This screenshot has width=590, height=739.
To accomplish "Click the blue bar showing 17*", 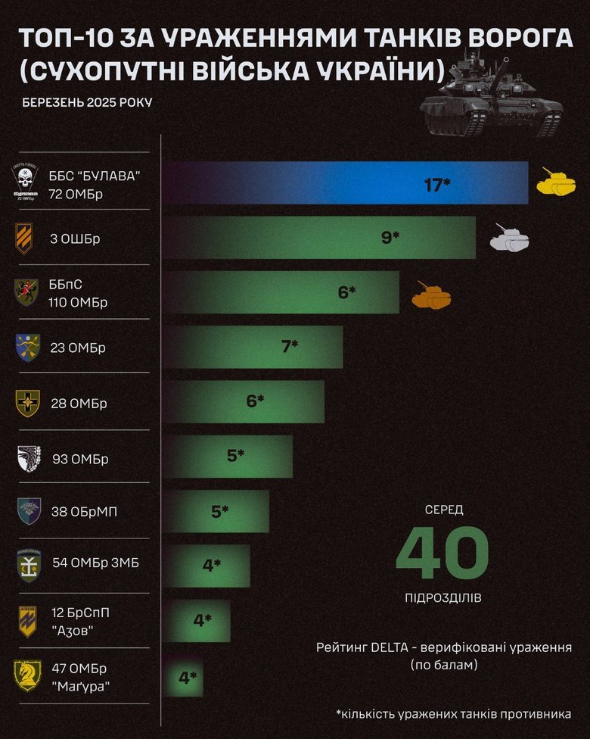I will pos(345,184).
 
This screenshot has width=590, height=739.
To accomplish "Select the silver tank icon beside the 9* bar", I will pos(510,238).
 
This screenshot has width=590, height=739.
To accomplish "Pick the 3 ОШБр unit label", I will pos(75,239).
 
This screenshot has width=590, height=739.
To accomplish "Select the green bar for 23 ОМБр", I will pos(253,348).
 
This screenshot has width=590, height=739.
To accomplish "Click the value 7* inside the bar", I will pos(289,347).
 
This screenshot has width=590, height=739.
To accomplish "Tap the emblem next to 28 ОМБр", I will pos(27,403).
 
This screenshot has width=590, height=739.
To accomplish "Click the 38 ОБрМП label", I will pos(84,512).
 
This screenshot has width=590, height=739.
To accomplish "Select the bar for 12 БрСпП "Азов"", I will pos(197,621).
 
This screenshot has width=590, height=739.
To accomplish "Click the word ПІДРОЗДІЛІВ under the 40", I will pos(442,597).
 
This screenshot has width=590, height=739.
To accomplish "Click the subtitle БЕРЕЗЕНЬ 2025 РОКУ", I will pos(87,102).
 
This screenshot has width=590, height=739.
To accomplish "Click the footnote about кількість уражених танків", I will pos(453,713).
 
